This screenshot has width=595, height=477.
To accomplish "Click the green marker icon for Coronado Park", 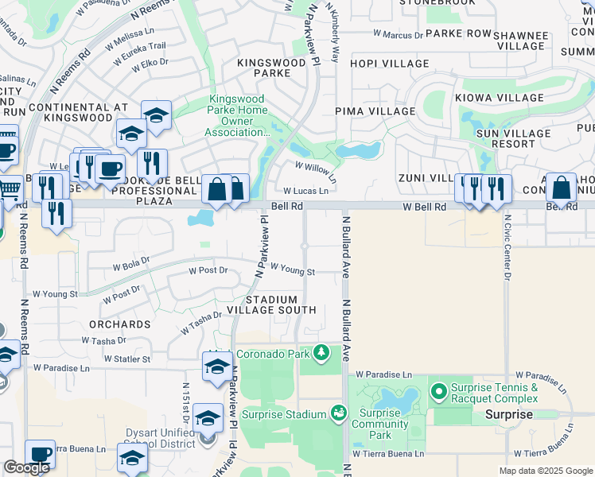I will point(321,351).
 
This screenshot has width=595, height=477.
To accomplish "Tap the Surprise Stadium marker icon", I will point(339,413).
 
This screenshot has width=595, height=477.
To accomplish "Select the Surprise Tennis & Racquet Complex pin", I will point(437,391).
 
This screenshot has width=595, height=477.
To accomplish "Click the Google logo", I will point(26,467).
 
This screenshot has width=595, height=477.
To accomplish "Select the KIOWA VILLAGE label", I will point(500,98).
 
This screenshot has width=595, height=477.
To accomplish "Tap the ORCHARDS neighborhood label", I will point(120,324).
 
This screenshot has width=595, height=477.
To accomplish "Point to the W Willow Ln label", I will point(315,168).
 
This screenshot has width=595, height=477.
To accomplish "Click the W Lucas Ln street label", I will point(306,192).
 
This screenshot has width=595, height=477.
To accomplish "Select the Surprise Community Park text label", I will point(380,424).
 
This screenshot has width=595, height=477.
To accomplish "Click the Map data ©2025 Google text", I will point(545,471).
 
